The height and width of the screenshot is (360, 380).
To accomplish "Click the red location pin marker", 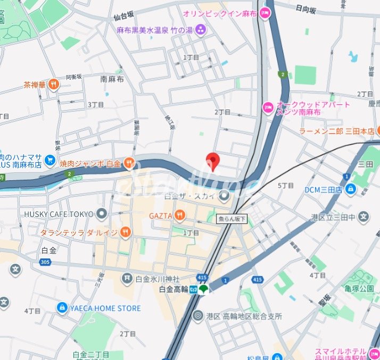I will pyautogui.click(x=213, y=161).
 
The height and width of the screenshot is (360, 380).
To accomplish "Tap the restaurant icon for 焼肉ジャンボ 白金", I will pyautogui.click(x=129, y=162).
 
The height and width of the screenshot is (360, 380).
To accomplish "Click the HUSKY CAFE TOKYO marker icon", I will pyautogui.click(x=102, y=214).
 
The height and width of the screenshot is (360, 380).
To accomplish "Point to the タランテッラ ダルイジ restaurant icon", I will pyautogui.click(x=125, y=232).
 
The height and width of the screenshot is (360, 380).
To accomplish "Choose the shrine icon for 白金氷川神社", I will pyautogui.click(x=127, y=278).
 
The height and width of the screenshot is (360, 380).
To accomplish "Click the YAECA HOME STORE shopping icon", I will pyautogui.click(x=62, y=308).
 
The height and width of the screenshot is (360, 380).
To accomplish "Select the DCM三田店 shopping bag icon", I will pyautogui.click(x=350, y=189).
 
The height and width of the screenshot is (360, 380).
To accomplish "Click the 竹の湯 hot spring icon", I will pyautogui.click(x=200, y=29).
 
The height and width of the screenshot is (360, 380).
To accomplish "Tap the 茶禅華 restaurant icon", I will pyautogui.click(x=53, y=84).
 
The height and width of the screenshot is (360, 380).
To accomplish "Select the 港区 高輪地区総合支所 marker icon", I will pyautogui.click(x=198, y=316).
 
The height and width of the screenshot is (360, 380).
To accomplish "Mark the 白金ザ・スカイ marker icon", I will pyautogui.click(x=225, y=197).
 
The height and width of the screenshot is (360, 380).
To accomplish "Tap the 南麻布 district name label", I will pyautogui.click(x=112, y=79).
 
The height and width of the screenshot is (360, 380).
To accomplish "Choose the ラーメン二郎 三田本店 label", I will pyautogui.click(x=336, y=131).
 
